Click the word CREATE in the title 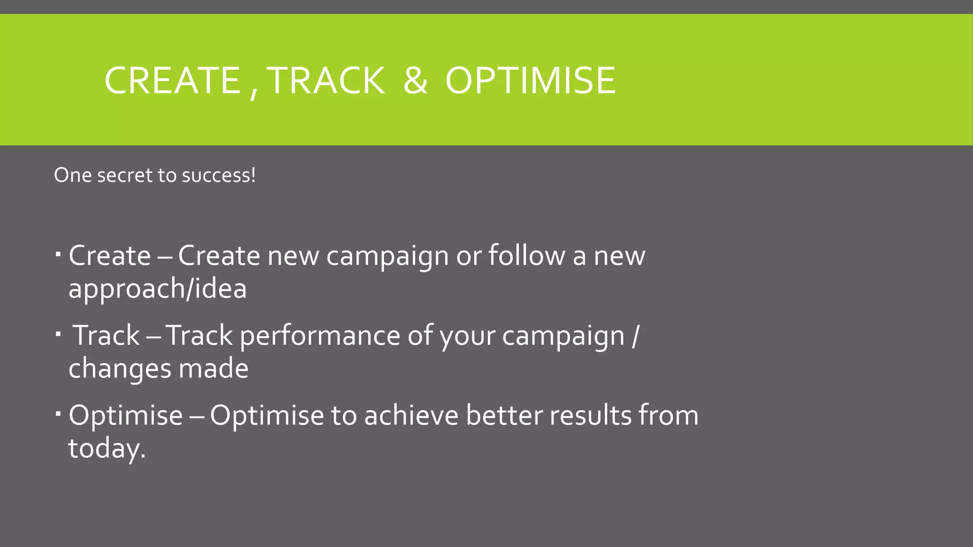[x=172, y=80]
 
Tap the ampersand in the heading [x=415, y=80]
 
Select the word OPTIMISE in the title [x=530, y=80]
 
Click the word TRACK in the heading [x=326, y=80]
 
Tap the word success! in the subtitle [x=219, y=176]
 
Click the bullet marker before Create [x=58, y=255]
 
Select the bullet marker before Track [x=58, y=335]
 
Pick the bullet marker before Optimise [x=58, y=415]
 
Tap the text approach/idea [x=157, y=289]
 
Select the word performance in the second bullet [x=319, y=336]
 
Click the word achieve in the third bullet [x=411, y=415]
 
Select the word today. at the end [x=107, y=448]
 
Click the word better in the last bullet [x=504, y=415]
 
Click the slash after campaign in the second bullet [x=636, y=336]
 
